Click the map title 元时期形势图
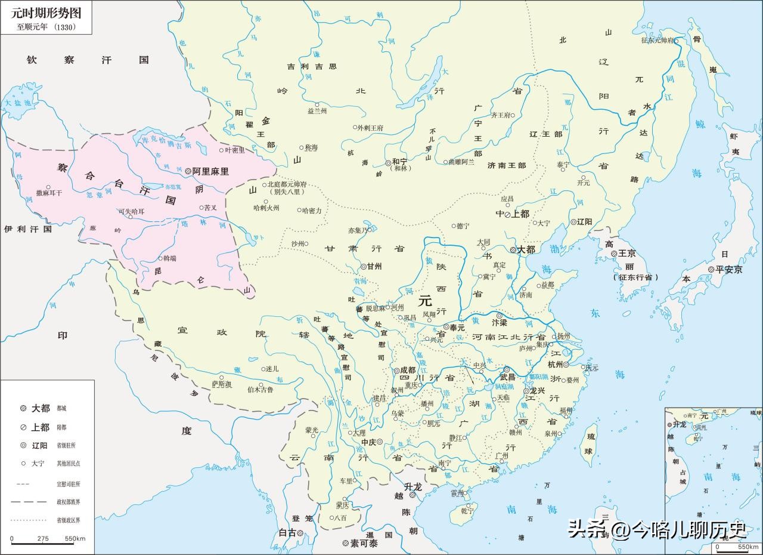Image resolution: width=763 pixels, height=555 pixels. click(x=45, y=13)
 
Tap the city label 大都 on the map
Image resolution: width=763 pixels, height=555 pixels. click(x=527, y=249)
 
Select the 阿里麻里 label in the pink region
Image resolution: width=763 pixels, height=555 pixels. click(x=211, y=171)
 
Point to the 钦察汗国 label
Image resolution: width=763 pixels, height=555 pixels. click(x=87, y=60)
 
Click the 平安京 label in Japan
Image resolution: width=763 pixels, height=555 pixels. click(x=729, y=270)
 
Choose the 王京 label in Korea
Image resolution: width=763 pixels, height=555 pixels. click(x=627, y=253)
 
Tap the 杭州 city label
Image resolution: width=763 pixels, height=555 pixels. click(x=554, y=364)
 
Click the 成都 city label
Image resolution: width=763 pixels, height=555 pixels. click(x=408, y=370)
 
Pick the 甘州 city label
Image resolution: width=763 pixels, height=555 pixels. click(x=374, y=267)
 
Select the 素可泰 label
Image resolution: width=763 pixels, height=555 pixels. click(x=364, y=544)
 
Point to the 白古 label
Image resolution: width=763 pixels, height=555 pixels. click(x=287, y=533)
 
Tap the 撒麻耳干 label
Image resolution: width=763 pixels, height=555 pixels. click(x=48, y=193)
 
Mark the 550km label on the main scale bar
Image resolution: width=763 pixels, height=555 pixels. click(x=75, y=539)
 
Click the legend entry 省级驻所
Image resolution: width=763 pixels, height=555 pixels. click(x=66, y=445)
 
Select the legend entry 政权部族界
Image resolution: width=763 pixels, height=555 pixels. click(x=69, y=502)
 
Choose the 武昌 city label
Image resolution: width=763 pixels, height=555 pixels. click(x=507, y=377)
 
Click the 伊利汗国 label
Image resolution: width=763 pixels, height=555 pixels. click(x=28, y=229)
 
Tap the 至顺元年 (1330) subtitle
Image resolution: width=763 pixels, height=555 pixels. click(x=46, y=27)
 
